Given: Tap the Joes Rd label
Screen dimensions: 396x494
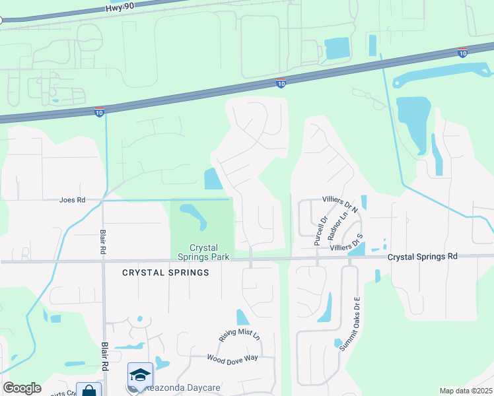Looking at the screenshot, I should [x=73, y=199].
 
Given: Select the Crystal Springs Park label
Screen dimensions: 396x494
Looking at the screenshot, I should [x=202, y=252].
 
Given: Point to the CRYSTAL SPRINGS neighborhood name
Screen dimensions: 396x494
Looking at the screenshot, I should [x=166, y=273].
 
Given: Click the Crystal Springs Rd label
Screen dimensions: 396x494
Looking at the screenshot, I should [x=423, y=256].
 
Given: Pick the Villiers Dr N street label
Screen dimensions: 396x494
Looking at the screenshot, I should [x=339, y=203].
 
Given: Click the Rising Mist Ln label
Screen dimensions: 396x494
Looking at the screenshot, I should [x=240, y=336].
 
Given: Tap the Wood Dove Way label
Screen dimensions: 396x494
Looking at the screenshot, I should [x=232, y=358].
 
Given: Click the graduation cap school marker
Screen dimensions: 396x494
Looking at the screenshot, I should [x=141, y=375].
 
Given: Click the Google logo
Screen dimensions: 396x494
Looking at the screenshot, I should [x=22, y=388].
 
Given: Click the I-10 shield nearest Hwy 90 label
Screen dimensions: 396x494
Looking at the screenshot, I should [x=281, y=83].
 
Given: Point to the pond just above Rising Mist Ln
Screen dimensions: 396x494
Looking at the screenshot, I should [x=243, y=317].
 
